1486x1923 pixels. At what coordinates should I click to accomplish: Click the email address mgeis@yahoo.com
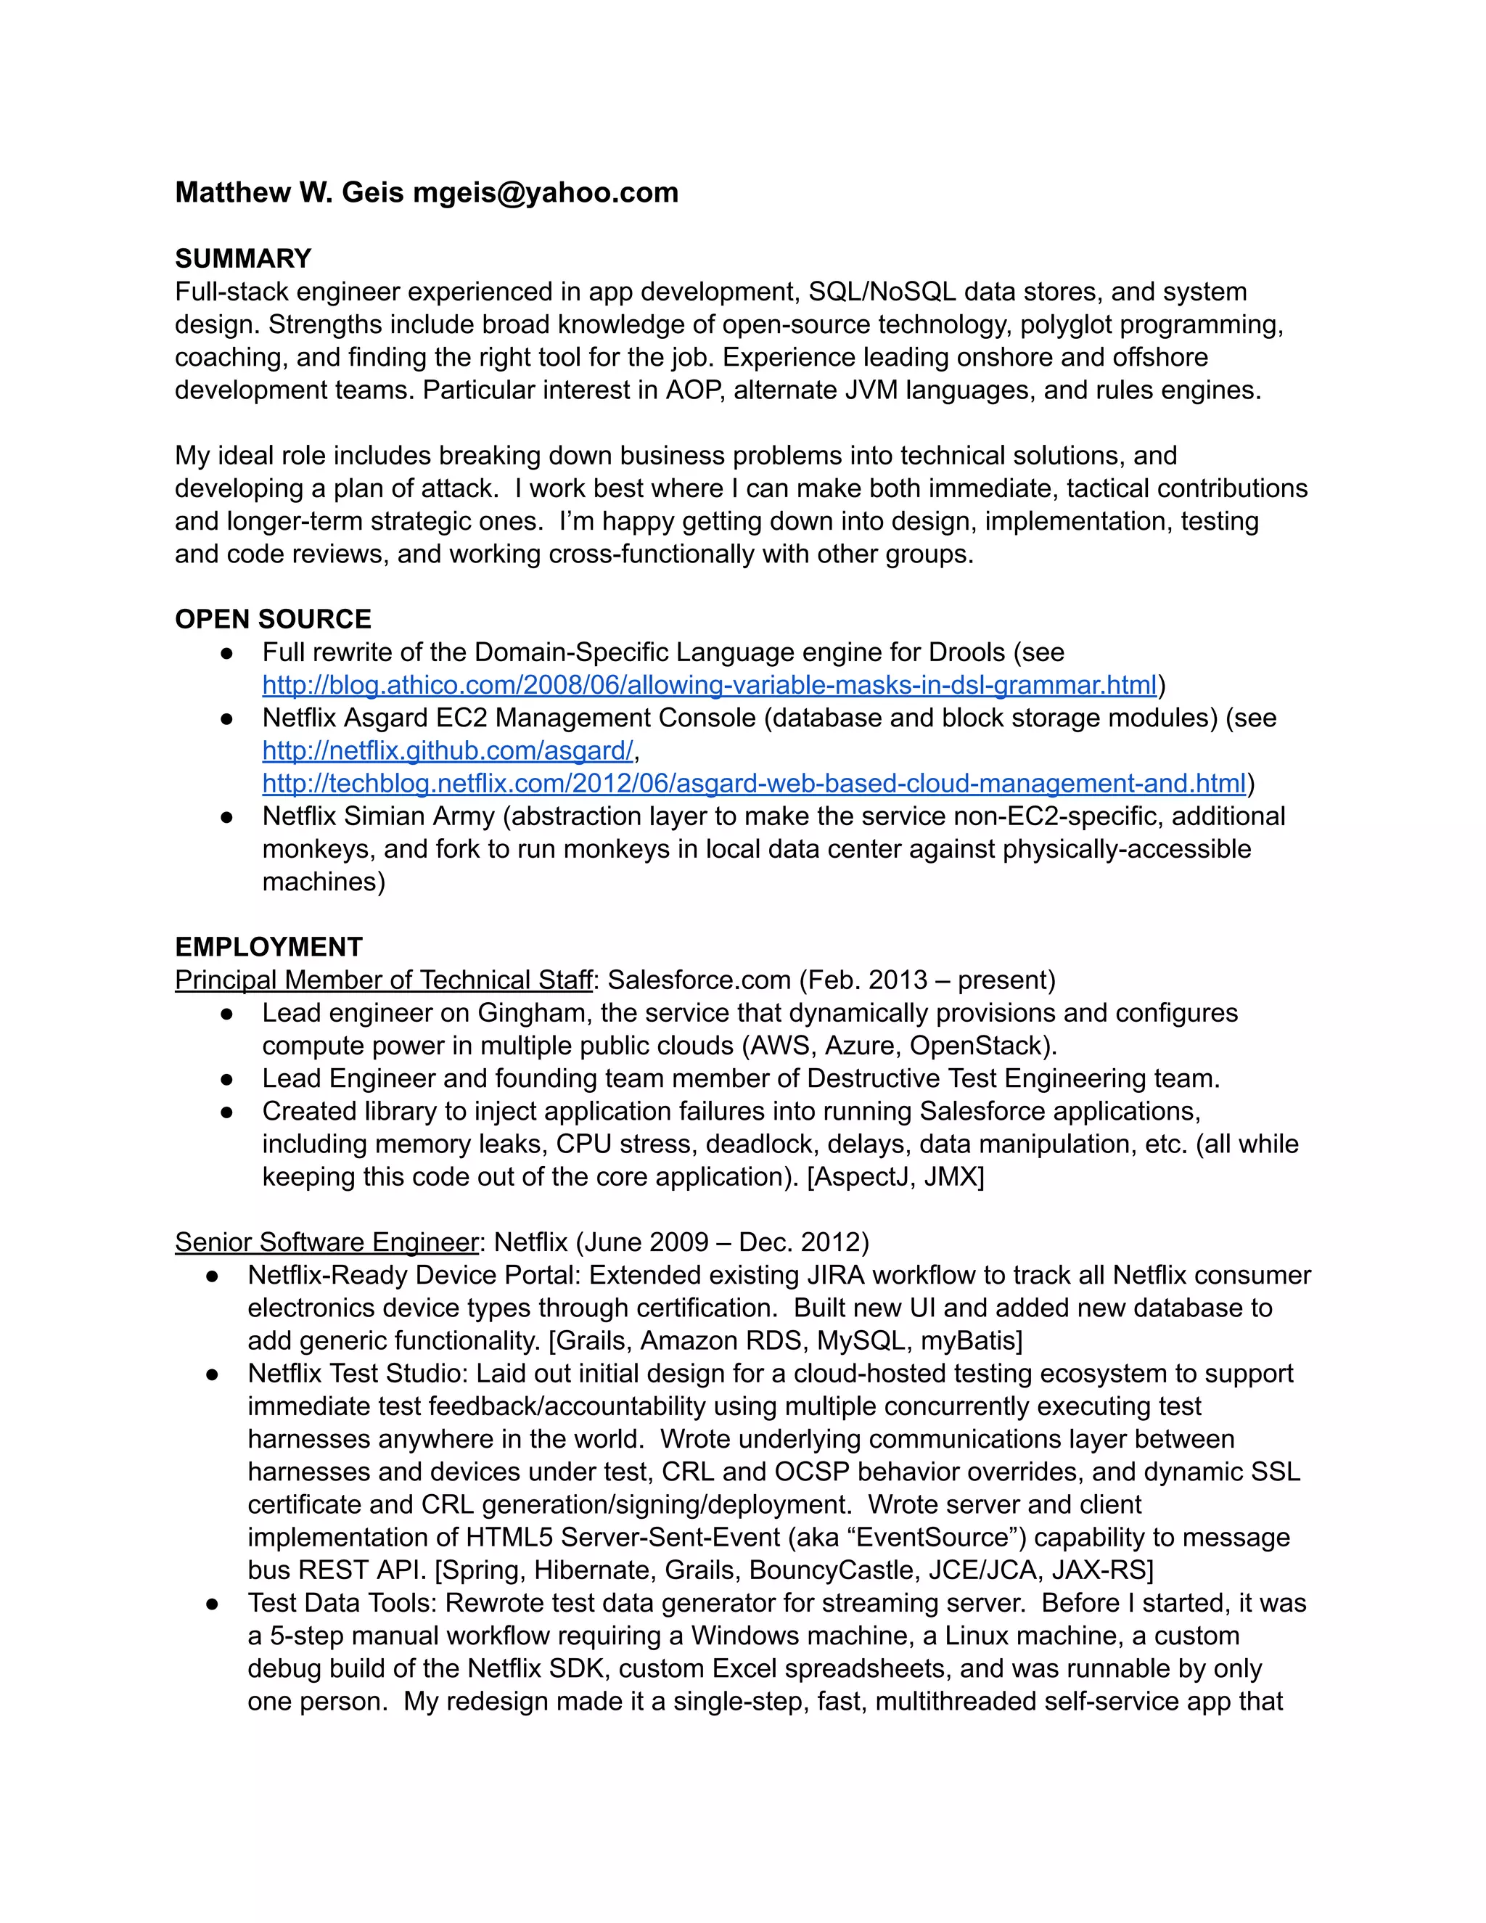[x=546, y=193]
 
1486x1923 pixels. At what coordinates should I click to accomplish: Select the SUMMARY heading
[x=243, y=259]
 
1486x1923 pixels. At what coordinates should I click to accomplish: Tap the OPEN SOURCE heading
[x=273, y=619]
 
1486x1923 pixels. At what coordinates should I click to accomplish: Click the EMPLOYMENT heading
[x=268, y=948]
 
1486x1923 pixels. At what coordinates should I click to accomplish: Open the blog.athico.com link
[x=709, y=685]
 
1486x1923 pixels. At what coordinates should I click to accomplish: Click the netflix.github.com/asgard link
[x=447, y=751]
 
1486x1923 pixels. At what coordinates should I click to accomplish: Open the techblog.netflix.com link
[x=754, y=784]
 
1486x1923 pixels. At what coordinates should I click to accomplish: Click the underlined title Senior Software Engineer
[x=327, y=1242]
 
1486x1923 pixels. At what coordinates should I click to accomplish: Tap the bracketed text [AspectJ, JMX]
[x=895, y=1177]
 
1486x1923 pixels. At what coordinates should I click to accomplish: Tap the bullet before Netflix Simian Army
[x=227, y=817]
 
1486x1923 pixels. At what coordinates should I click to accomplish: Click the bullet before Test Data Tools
[x=212, y=1604]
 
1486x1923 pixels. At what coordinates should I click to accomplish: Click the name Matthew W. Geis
[x=290, y=193]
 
